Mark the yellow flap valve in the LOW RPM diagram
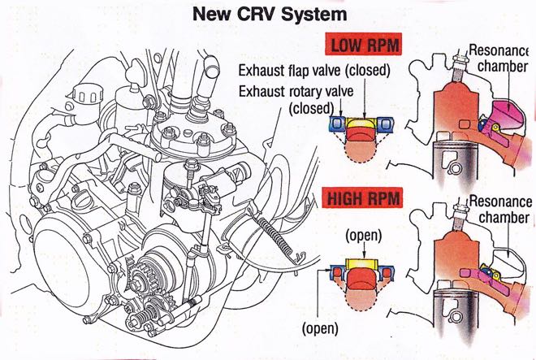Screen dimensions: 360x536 (362, 124)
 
